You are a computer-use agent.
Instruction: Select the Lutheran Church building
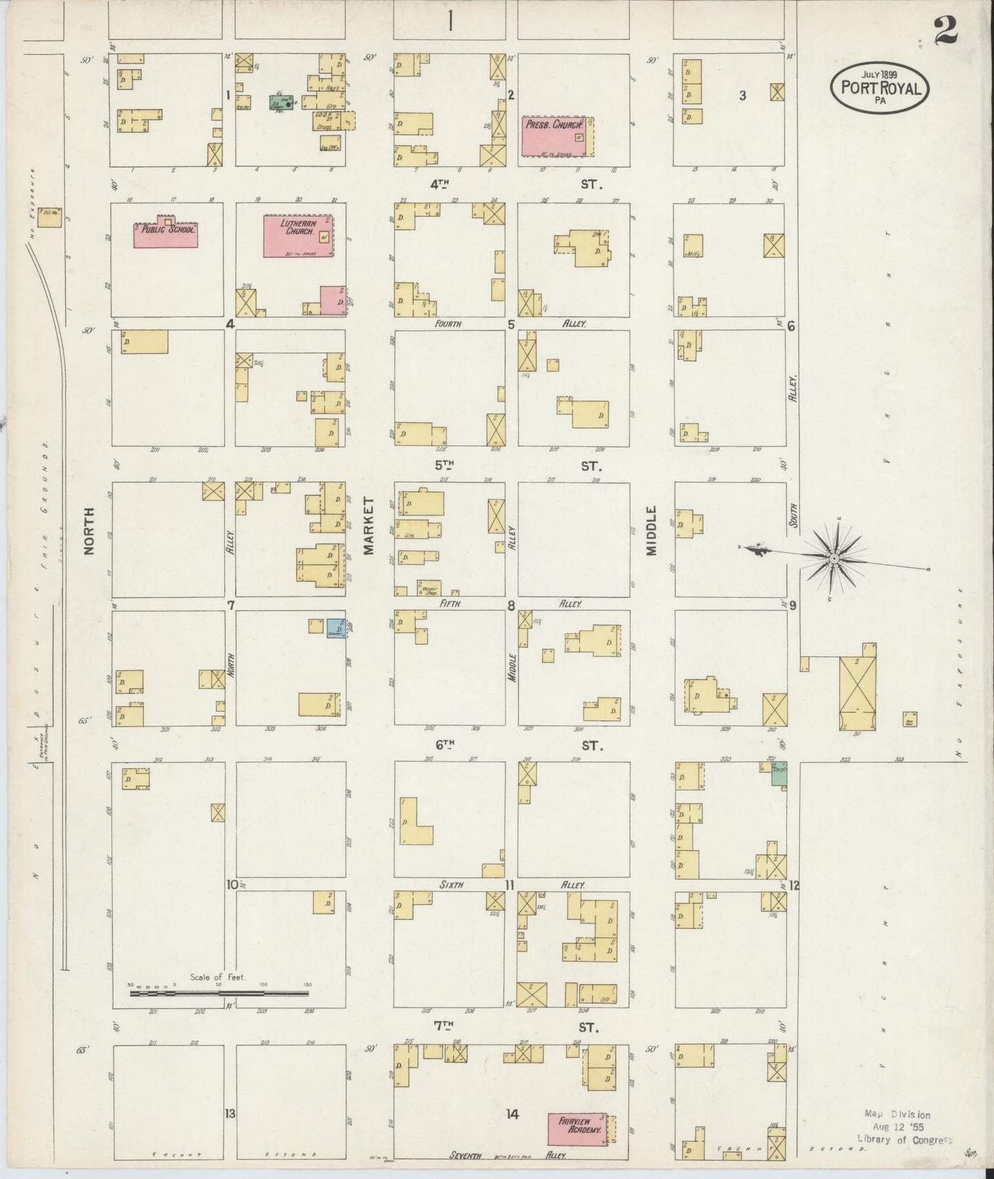pos(299,235)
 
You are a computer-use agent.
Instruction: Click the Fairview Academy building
pos(577,1129)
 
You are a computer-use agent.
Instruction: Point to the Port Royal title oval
pos(880,87)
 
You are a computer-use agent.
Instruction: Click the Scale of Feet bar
pos(219,993)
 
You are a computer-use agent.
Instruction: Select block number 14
pos(512,1114)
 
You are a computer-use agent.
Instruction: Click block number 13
pos(230,1113)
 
